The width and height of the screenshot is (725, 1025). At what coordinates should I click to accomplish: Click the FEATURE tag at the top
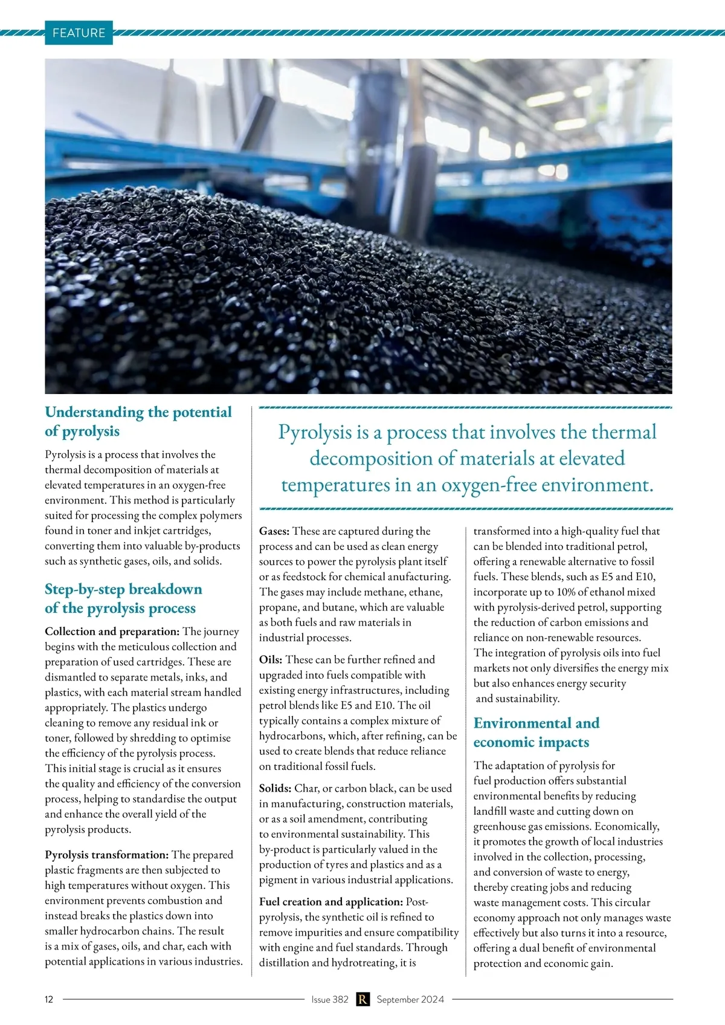pyautogui.click(x=79, y=33)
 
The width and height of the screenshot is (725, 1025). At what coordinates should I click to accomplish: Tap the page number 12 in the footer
pyautogui.click(x=49, y=999)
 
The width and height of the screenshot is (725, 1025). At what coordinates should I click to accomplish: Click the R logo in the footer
pyautogui.click(x=362, y=999)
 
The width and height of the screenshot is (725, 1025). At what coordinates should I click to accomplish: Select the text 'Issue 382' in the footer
pyautogui.click(x=330, y=999)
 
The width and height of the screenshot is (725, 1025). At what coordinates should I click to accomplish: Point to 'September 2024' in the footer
pyautogui.click(x=410, y=999)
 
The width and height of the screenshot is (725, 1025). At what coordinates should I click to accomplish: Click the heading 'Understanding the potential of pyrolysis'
pyautogui.click(x=138, y=421)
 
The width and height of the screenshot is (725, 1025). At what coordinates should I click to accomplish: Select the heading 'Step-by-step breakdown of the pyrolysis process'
pyautogui.click(x=123, y=598)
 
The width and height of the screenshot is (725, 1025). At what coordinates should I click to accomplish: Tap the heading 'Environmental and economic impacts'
pyautogui.click(x=536, y=732)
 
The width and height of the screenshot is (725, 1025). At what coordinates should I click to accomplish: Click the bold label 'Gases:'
pyautogui.click(x=274, y=531)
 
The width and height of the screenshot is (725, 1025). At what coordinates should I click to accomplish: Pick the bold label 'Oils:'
pyautogui.click(x=271, y=659)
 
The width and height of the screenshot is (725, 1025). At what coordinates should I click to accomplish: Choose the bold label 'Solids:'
pyautogui.click(x=275, y=788)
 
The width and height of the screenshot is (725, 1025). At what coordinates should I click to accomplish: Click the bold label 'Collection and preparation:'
pyautogui.click(x=112, y=632)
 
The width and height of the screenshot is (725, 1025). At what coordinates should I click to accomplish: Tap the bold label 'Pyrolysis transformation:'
pyautogui.click(x=106, y=855)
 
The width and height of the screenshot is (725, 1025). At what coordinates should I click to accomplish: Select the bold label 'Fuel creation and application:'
pyautogui.click(x=330, y=902)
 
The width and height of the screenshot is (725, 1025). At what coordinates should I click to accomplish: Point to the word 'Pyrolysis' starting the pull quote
pyautogui.click(x=315, y=432)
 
